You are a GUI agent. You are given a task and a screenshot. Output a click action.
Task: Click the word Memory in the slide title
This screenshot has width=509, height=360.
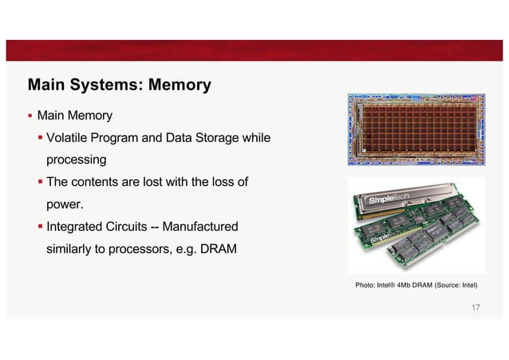tap(175, 84)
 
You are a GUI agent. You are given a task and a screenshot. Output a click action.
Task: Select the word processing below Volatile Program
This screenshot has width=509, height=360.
tap(76, 160)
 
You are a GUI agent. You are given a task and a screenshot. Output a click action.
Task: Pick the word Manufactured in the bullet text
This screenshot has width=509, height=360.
tap(197, 227)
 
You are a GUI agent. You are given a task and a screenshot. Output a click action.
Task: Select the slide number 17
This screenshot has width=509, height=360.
tap(476, 308)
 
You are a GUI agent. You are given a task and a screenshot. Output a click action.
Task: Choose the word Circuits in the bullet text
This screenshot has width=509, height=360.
tap(133, 227)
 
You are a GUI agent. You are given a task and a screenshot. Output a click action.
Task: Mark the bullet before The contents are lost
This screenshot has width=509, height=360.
tap(41, 183)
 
